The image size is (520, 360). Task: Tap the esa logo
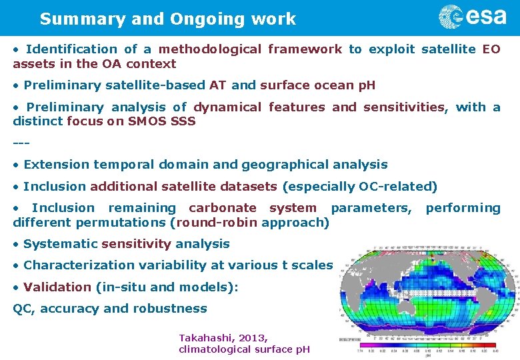pos(473,17)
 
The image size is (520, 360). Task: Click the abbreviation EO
pos(491,49)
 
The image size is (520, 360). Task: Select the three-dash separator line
pos(21,143)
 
